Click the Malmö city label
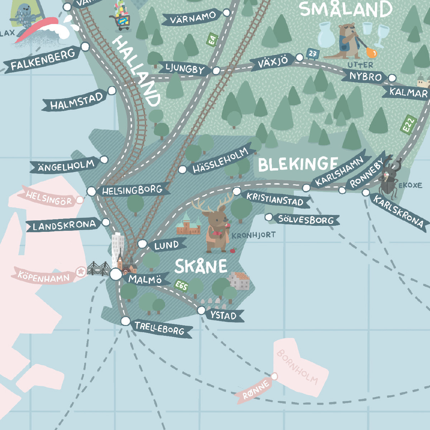pos(145,279)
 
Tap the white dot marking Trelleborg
pos(125,321)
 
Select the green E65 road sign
pos(181,286)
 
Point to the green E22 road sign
pos(408,125)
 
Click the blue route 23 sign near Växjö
pos(312,54)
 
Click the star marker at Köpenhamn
pos(81,272)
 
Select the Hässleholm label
pos(220,161)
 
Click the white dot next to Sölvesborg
pos(269,217)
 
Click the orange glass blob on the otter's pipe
pos(372,53)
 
